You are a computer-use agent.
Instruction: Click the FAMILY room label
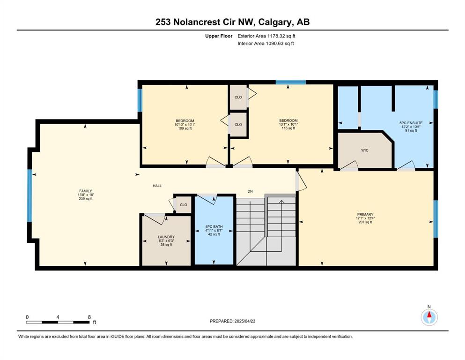(x=85, y=191)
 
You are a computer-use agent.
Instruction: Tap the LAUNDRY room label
(x=166, y=237)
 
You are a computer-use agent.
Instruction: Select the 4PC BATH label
(x=214, y=226)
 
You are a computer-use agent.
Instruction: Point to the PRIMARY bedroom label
(x=365, y=214)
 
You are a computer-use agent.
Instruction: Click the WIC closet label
(x=364, y=150)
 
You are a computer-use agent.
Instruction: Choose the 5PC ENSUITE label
(x=411, y=122)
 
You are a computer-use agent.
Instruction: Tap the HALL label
(x=157, y=186)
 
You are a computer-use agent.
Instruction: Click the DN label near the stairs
(x=250, y=191)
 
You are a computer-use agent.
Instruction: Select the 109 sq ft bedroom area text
(x=185, y=128)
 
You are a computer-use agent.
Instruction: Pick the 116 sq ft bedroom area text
(x=288, y=128)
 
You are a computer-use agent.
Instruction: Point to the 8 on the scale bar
(x=89, y=317)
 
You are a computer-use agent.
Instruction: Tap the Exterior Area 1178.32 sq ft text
(x=266, y=36)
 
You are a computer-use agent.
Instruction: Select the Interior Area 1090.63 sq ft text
(x=266, y=43)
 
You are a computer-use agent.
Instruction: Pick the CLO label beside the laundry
(x=184, y=205)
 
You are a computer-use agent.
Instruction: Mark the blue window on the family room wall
(x=30, y=195)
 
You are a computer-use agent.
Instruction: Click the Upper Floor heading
(x=219, y=36)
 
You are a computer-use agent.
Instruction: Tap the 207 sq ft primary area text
(x=365, y=222)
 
